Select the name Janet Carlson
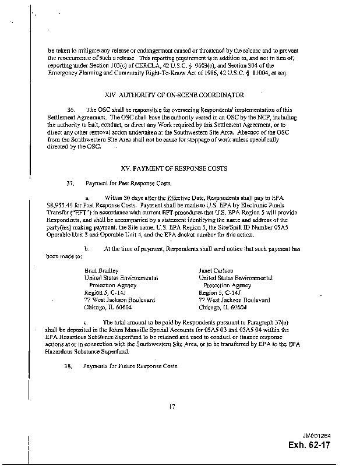[216, 270]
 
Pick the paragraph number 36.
[71, 110]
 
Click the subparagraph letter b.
[87, 249]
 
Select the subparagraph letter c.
[87, 322]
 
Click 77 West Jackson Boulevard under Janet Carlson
[234, 299]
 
